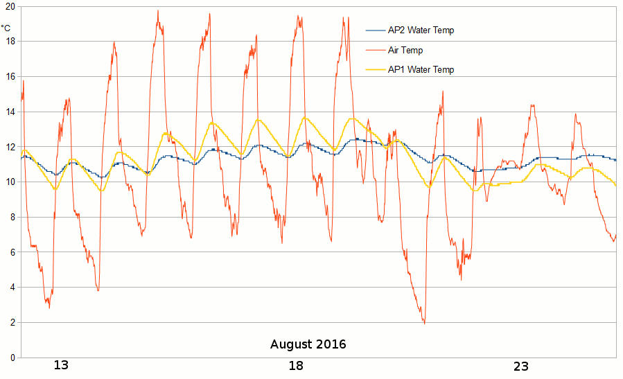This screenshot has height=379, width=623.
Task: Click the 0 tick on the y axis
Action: click(12, 358)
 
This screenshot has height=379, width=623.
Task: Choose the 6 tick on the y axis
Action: click(12, 252)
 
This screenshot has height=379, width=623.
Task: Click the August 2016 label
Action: click(308, 344)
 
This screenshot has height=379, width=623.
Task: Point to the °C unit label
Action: click(6, 28)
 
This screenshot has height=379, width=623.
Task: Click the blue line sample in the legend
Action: click(375, 30)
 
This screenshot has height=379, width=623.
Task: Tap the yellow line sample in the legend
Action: click(375, 70)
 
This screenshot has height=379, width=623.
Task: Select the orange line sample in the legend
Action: click(375, 51)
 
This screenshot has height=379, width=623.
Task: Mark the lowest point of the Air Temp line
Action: click(424, 324)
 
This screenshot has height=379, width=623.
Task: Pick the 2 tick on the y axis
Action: click(12, 322)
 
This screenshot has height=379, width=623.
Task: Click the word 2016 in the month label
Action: click(330, 344)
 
